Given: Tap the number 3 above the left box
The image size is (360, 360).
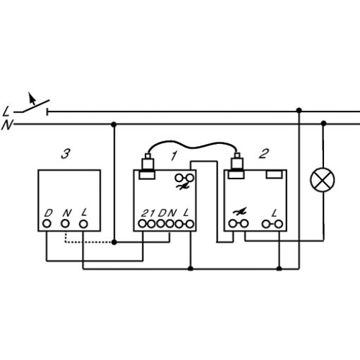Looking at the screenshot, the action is pyautogui.click(x=66, y=154).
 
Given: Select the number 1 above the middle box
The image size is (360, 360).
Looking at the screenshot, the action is pyautogui.click(x=174, y=156).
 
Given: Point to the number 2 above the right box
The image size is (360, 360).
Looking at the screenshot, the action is pyautogui.click(x=264, y=154).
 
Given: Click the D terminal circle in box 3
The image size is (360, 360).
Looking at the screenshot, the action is pyautogui.click(x=47, y=224).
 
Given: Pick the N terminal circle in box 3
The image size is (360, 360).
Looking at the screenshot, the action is pyautogui.click(x=65, y=224).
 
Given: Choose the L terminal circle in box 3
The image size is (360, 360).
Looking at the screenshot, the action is pyautogui.click(x=83, y=224).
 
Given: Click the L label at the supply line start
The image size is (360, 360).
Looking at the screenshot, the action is pyautogui.click(x=6, y=112).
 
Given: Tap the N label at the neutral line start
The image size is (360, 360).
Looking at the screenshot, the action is pyautogui.click(x=7, y=125).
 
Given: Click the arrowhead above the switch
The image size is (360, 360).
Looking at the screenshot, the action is pyautogui.click(x=31, y=97).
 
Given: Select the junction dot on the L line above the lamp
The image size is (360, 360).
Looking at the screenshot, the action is pyautogui.click(x=299, y=110).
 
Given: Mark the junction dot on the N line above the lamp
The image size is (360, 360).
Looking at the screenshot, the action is pyautogui.click(x=324, y=123).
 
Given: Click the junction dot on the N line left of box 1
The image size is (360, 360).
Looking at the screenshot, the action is pyautogui.click(x=114, y=124).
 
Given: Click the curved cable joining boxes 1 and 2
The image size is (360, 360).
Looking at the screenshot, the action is pyautogui.click(x=192, y=145).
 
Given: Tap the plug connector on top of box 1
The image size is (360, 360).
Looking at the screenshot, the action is pyautogui.click(x=148, y=167).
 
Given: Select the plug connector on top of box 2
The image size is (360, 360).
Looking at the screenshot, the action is pyautogui.click(x=236, y=166).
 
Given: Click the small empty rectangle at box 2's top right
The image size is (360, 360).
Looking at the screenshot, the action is pyautogui.click(x=274, y=174).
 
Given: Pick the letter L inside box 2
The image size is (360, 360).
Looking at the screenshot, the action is pyautogui.click(x=274, y=213).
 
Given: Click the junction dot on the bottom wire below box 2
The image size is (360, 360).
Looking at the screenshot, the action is pyautogui.click(x=279, y=268).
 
